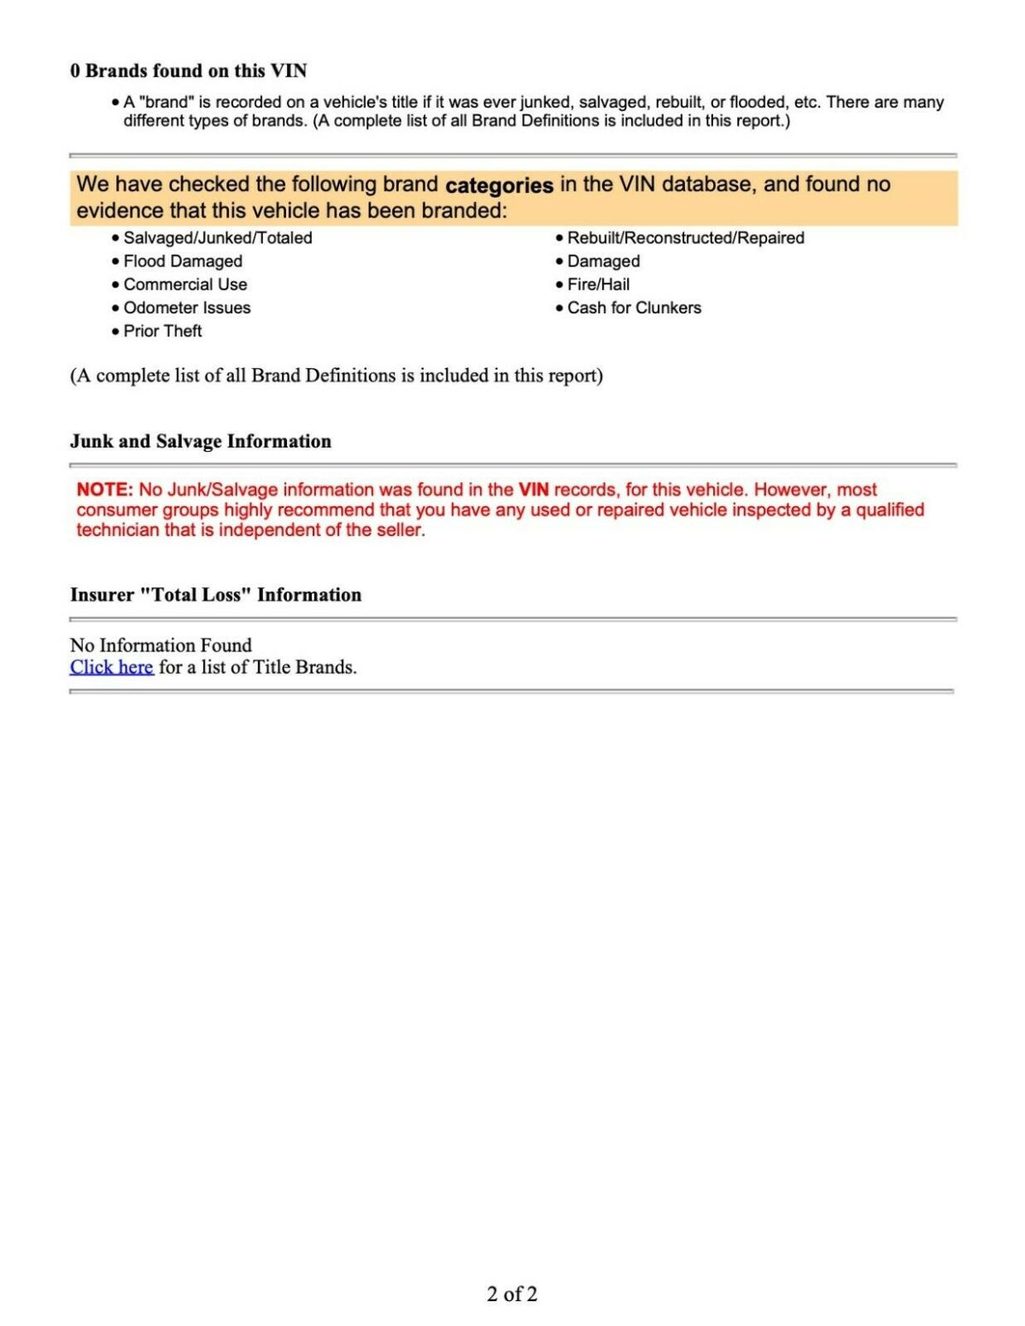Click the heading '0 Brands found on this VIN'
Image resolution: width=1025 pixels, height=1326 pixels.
click(188, 71)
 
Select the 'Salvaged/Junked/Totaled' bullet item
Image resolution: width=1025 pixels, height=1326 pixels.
click(218, 238)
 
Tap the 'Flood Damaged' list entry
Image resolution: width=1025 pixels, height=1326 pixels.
click(183, 261)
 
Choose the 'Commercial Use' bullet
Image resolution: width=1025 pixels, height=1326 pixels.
click(185, 284)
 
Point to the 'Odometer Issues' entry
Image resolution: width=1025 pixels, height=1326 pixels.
click(187, 307)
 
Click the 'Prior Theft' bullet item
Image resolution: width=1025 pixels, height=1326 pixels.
click(162, 331)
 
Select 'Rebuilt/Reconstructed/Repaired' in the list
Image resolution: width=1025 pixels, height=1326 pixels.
click(685, 238)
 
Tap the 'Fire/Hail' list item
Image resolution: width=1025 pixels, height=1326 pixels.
click(598, 284)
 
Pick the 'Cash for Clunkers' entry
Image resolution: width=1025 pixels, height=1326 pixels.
click(634, 307)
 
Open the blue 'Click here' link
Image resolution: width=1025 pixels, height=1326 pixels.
click(112, 667)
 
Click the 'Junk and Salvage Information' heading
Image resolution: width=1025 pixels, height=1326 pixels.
click(201, 441)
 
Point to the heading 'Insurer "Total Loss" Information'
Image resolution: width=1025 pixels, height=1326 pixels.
click(215, 595)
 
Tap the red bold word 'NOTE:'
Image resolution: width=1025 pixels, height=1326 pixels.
click(104, 490)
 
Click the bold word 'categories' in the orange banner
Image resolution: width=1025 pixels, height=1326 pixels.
click(499, 185)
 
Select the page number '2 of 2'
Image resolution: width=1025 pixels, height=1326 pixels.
click(512, 1294)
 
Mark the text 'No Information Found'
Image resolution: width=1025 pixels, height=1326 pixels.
click(161, 645)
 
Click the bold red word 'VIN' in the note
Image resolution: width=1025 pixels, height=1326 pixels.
click(533, 490)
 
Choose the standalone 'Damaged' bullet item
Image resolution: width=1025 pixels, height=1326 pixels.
click(603, 261)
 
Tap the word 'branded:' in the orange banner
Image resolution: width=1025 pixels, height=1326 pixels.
click(467, 211)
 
